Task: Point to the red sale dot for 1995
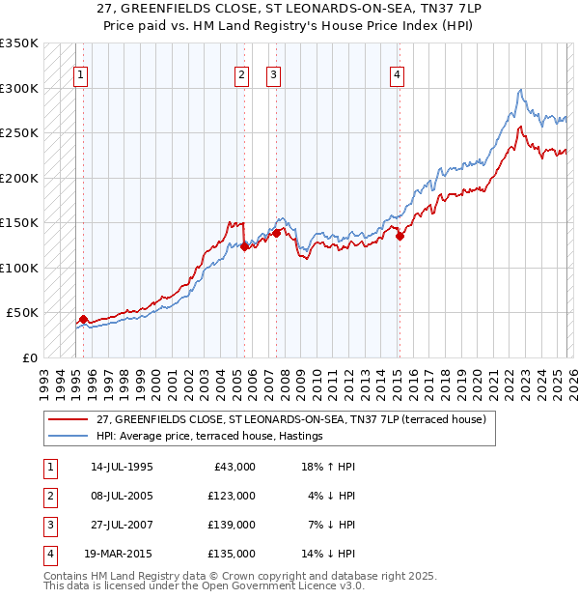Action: [83, 319]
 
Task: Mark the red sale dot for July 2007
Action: [277, 232]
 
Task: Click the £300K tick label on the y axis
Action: [19, 88]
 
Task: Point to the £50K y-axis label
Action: [22, 313]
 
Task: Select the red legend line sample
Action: [69, 419]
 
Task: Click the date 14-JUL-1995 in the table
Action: [120, 467]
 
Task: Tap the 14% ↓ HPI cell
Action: [328, 554]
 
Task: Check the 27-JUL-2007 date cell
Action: [120, 525]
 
